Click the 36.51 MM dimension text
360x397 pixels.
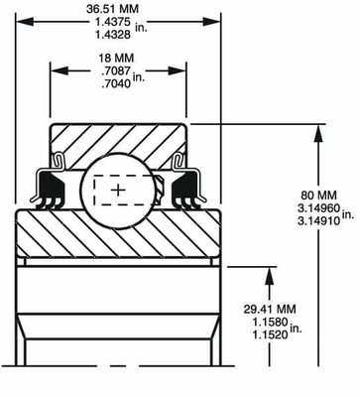(x=112, y=9)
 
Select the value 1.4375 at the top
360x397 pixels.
(x=113, y=22)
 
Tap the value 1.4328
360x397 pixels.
(x=113, y=35)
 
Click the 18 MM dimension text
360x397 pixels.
(x=116, y=59)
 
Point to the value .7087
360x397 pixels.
(x=116, y=70)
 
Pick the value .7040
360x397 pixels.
(x=116, y=83)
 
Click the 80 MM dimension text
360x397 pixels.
(x=318, y=195)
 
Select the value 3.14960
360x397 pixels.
(x=318, y=208)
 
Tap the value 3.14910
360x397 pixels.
(x=318, y=220)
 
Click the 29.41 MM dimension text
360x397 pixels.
(x=270, y=310)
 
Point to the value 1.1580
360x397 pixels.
(x=270, y=322)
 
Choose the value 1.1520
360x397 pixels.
(x=270, y=334)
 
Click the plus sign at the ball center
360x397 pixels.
(x=118, y=191)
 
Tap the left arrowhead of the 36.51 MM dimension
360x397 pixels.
(x=25, y=22)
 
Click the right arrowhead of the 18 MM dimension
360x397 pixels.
(x=178, y=70)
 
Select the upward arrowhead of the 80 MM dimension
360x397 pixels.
(x=318, y=133)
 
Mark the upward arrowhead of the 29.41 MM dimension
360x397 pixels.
(x=270, y=276)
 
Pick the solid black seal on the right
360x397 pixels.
(x=185, y=187)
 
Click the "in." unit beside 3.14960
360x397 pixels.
(x=348, y=214)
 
